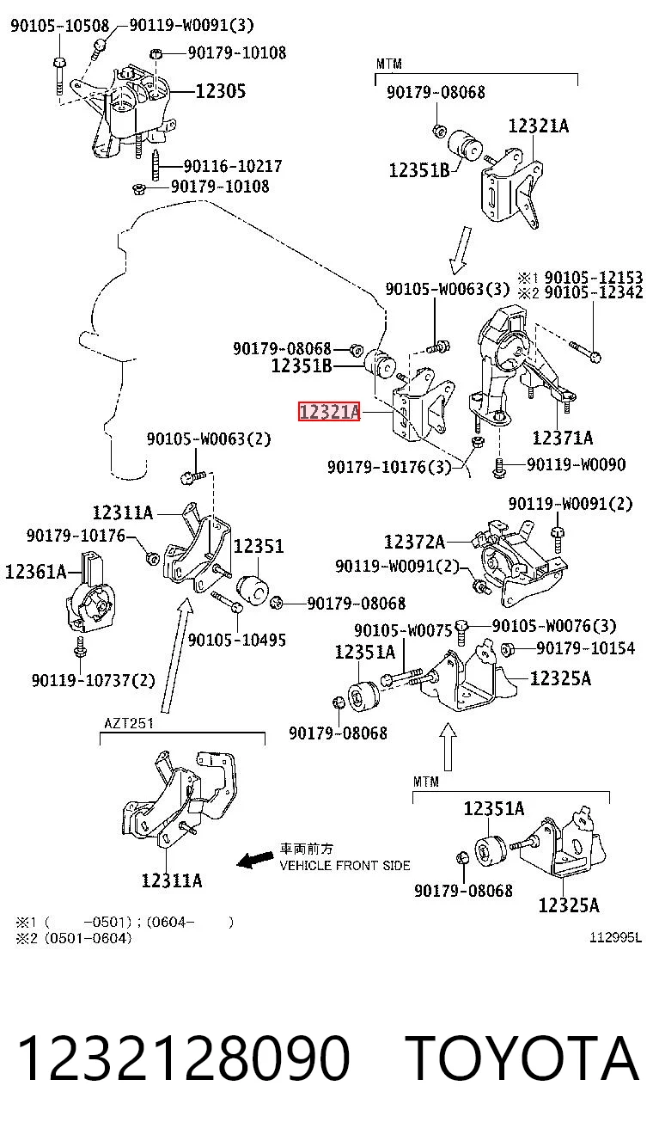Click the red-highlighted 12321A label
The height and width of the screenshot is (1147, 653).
[330, 412]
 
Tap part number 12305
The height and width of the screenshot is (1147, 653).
[221, 91]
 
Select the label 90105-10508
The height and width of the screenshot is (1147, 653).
[60, 25]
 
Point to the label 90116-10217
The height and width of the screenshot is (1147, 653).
[233, 166]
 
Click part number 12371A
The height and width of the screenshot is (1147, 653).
[563, 438]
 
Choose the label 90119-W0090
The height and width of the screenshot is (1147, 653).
[577, 464]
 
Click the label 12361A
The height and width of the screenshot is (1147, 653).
[36, 572]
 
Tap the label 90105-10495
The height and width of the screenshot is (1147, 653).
[237, 640]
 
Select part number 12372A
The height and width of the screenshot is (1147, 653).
[414, 541]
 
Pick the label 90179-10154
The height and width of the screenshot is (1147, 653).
[585, 648]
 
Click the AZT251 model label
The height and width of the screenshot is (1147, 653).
[129, 723]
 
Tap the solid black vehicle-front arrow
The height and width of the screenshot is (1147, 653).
[255, 859]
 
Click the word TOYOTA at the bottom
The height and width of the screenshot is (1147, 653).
[522, 1058]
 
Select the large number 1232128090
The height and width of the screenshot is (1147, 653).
[184, 1058]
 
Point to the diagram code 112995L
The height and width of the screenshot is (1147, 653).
[615, 937]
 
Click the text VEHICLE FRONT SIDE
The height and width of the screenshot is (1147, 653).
[345, 865]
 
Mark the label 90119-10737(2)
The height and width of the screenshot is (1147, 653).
[93, 680]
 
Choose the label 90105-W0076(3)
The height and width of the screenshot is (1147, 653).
[554, 626]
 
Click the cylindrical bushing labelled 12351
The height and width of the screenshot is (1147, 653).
[253, 589]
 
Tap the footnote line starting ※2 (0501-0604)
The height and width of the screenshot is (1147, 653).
[74, 938]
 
